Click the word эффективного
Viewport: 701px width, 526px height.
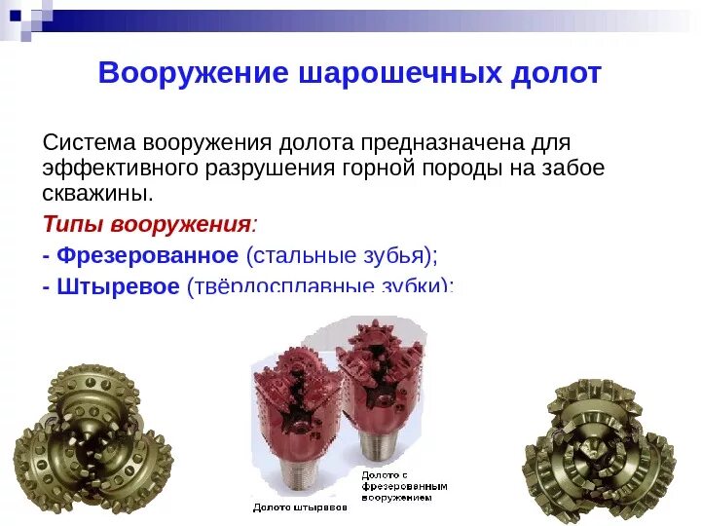120,168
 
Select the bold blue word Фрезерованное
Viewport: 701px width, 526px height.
147,255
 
